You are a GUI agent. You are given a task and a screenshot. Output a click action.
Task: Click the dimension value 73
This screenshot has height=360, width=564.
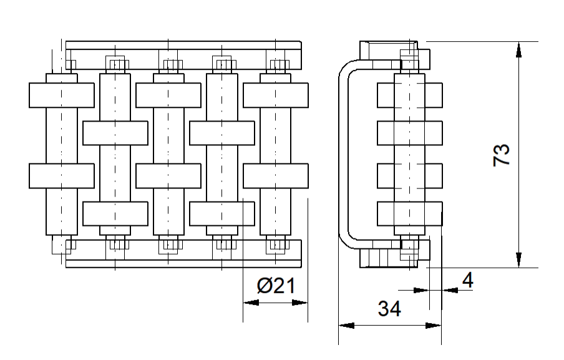[x=502, y=155]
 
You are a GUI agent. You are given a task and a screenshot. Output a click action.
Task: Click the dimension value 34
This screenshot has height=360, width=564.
[x=389, y=309]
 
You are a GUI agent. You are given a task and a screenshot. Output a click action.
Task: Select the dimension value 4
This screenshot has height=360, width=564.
[x=467, y=280]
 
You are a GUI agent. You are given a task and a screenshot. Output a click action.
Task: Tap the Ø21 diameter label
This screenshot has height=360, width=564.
[x=276, y=286]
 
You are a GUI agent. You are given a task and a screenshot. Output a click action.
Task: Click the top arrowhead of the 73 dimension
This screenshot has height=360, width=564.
[x=518, y=50]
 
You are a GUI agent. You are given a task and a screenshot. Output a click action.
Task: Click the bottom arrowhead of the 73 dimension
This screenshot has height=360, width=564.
[x=518, y=260]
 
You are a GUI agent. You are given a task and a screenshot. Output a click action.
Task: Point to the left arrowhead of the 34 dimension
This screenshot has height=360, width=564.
[x=346, y=326]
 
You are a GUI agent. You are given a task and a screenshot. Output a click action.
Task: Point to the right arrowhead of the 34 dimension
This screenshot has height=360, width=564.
[x=434, y=326]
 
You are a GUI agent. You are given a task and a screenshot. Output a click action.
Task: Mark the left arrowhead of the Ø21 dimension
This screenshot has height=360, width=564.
[x=251, y=303]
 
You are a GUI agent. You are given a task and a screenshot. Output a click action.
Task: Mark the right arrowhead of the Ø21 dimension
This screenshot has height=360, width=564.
[x=300, y=303]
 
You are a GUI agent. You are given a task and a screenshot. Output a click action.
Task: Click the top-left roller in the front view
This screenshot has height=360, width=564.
[x=62, y=95]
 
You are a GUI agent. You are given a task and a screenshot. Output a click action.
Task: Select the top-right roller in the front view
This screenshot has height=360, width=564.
[x=276, y=95]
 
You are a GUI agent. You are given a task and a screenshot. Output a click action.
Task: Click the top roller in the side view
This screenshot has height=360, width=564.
[x=410, y=95]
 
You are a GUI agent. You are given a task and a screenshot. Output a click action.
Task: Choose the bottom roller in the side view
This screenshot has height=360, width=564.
[x=410, y=213]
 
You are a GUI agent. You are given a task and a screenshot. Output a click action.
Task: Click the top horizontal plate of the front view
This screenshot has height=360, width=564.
[x=183, y=55]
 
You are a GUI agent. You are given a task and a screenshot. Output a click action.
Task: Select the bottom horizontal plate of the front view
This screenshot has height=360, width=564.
[x=183, y=253]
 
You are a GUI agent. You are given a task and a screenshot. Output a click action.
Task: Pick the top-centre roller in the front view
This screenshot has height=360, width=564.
[x=168, y=95]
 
